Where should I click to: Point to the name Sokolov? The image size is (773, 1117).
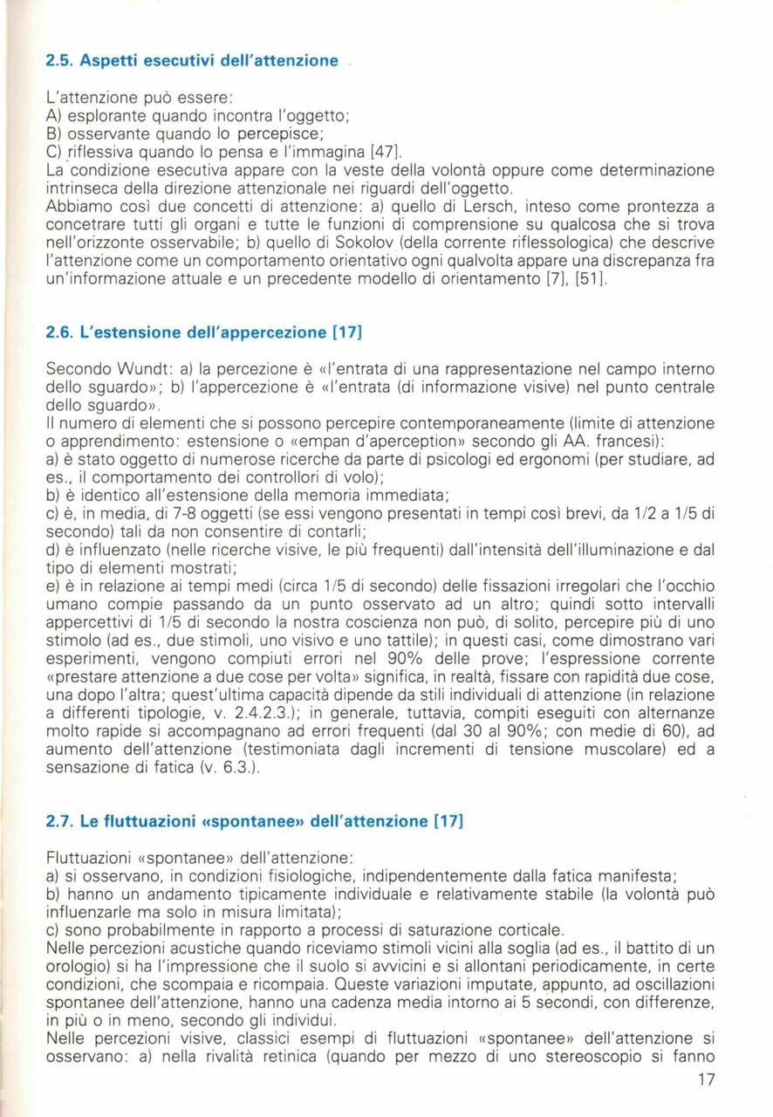tap(365, 242)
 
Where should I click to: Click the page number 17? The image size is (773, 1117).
tap(706, 1079)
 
